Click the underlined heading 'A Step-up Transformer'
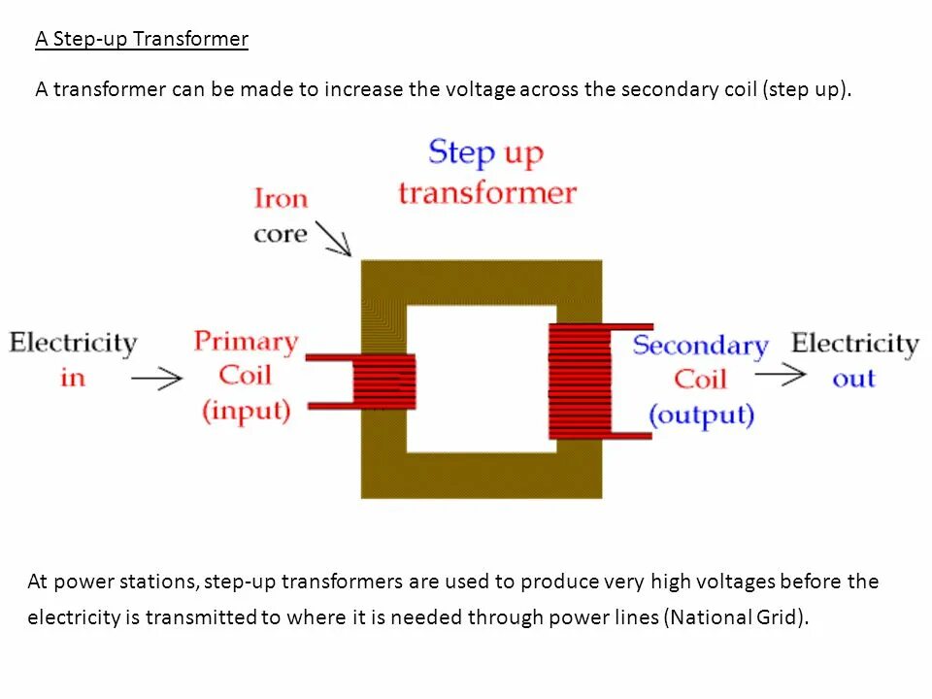(142, 40)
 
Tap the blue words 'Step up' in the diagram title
(485, 153)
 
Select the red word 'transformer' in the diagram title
(487, 192)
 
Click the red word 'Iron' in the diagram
(281, 199)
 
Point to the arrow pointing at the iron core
(333, 239)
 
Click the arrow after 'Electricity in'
(156, 378)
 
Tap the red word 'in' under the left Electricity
(73, 378)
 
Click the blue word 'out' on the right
(854, 379)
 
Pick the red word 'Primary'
(246, 342)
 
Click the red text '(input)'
(246, 411)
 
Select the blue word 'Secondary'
(700, 346)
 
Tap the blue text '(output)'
(700, 416)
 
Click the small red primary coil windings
(384, 382)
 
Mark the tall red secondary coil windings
(580, 382)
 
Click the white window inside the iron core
(477, 379)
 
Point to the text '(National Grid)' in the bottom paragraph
(736, 618)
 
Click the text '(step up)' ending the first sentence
(807, 90)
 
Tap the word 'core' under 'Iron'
(280, 235)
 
